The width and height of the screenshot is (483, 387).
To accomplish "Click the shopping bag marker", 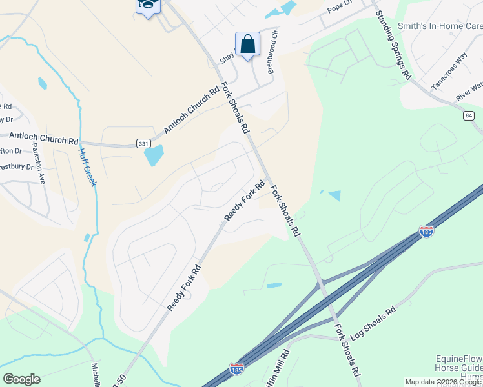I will coord(247,45).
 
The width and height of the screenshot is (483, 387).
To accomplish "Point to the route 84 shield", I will coord(469,115).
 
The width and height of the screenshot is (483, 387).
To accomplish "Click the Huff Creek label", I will coord(87,167).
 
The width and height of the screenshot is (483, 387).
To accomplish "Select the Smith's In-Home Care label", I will coord(440,26).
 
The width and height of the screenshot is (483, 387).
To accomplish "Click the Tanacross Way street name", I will coord(449,72).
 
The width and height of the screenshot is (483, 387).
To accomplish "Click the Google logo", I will coord(21,379).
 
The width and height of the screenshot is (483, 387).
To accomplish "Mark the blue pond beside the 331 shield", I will coord(154,155).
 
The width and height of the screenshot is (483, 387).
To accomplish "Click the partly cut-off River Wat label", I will coord(469,91).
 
